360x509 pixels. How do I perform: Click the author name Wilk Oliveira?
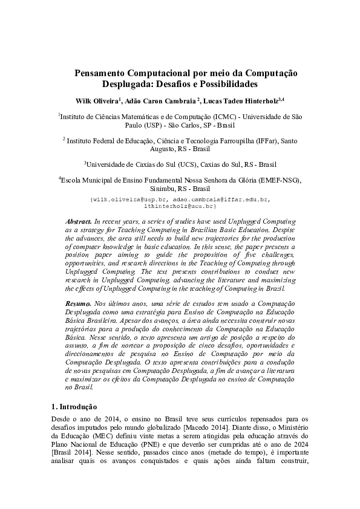pyautogui.click(x=96, y=100)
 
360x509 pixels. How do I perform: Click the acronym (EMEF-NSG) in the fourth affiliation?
pyautogui.click(x=278, y=180)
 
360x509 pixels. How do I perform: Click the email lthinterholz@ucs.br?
pyautogui.click(x=180, y=206)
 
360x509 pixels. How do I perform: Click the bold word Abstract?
pyautogui.click(x=78, y=222)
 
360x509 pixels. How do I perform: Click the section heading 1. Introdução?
pyautogui.click(x=72, y=407)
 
